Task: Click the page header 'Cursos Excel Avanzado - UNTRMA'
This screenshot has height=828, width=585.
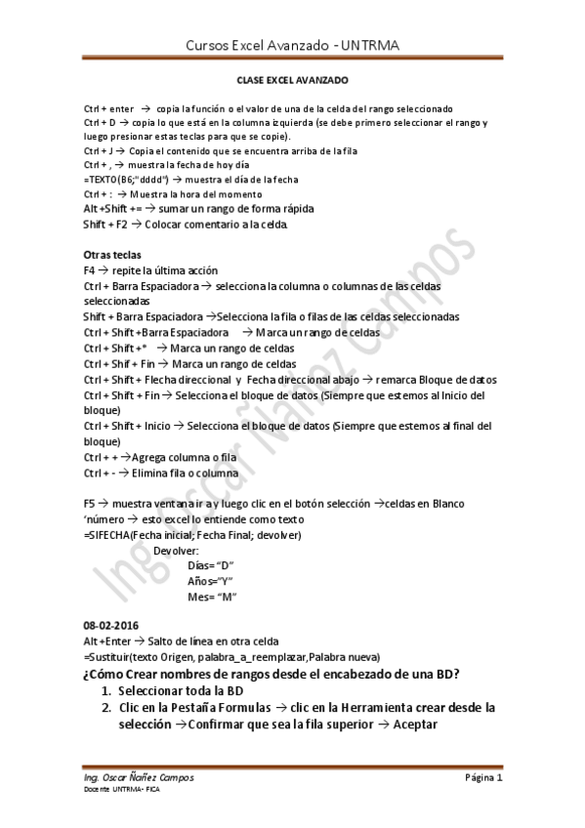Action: (x=292, y=45)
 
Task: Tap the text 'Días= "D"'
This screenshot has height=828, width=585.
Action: (x=210, y=565)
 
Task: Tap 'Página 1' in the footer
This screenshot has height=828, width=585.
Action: (x=482, y=778)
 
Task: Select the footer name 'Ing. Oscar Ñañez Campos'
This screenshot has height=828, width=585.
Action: (x=139, y=778)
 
